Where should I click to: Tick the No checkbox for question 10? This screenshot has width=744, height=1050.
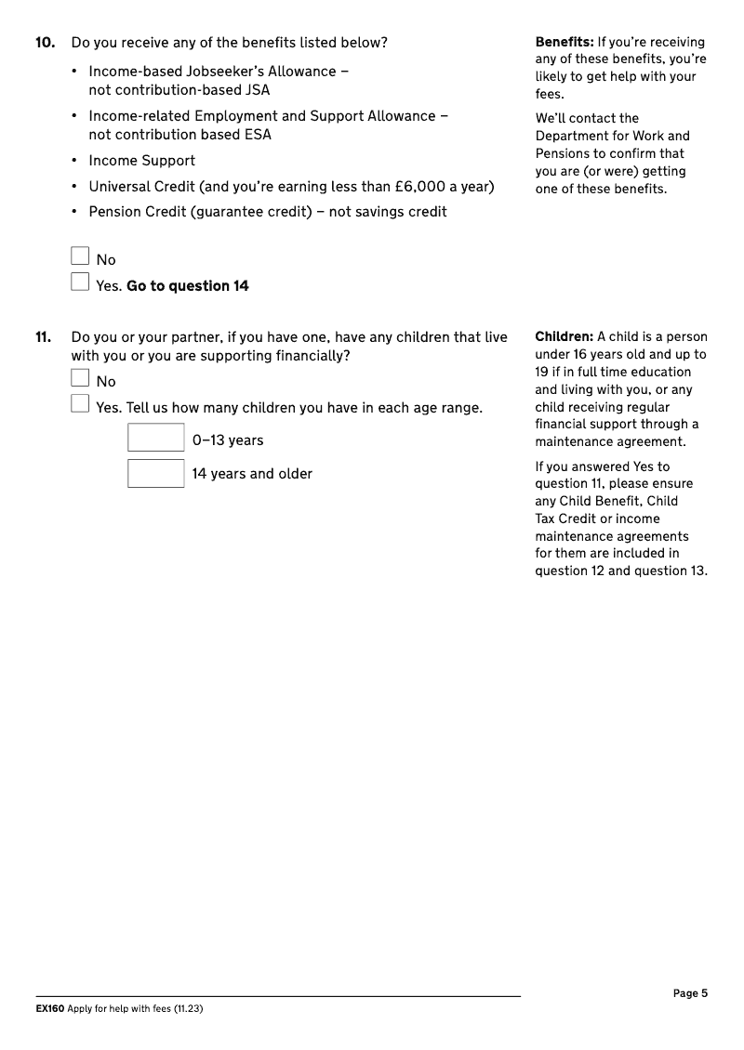(80, 256)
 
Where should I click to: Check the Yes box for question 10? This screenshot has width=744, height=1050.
(80, 282)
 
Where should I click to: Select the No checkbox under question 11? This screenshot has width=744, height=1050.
(80, 378)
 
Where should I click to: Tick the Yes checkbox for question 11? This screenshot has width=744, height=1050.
(80, 403)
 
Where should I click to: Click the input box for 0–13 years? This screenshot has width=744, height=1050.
(156, 438)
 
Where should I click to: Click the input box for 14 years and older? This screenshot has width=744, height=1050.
(156, 473)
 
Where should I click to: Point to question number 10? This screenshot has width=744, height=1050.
(45, 43)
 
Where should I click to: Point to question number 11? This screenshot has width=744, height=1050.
(44, 337)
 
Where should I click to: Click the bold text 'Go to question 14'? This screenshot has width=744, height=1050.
(188, 286)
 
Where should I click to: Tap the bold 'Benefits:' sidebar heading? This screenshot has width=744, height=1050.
(565, 42)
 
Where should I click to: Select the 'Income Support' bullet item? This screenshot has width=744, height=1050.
(142, 161)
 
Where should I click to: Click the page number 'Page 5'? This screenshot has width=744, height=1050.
(690, 993)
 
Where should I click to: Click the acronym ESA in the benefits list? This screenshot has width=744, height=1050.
(255, 135)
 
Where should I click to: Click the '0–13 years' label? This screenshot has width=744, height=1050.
(228, 440)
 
